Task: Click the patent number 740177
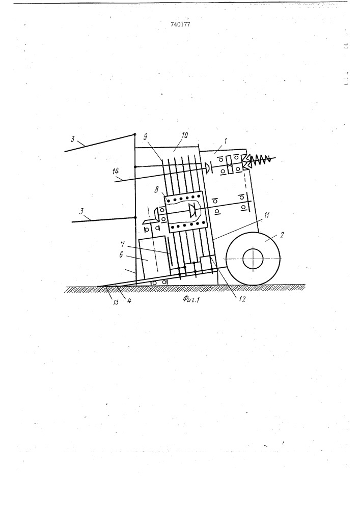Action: point(180,24)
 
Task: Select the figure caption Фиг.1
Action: point(191,298)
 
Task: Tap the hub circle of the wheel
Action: point(253,259)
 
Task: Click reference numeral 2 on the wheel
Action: point(282,235)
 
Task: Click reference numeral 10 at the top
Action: point(184,135)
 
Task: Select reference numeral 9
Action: point(147,136)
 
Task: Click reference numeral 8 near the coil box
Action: point(156,190)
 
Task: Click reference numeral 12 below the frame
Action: point(242,299)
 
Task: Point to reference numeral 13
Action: point(116,302)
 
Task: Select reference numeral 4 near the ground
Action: point(129,301)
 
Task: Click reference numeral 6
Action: point(121,254)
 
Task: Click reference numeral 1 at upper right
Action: point(226,141)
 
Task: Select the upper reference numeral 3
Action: point(73,139)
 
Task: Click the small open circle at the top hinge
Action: point(135,134)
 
